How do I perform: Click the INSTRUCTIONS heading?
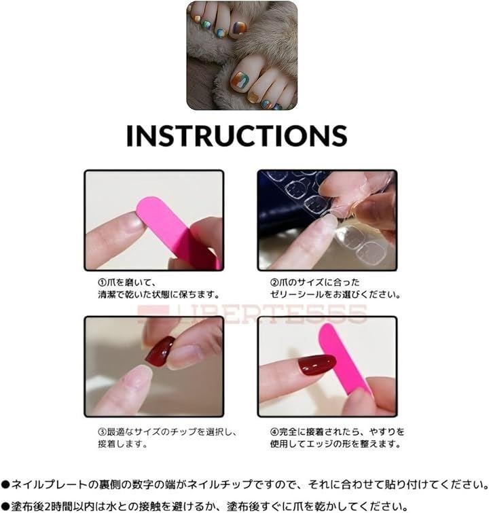click(236, 135)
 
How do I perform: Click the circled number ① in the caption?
click(103, 282)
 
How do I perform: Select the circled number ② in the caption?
click(274, 282)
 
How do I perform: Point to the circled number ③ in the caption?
click(103, 431)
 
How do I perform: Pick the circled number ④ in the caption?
click(274, 431)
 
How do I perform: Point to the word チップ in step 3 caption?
click(183, 431)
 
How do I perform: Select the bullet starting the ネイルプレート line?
click(5, 484)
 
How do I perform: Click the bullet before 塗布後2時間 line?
click(5, 506)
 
